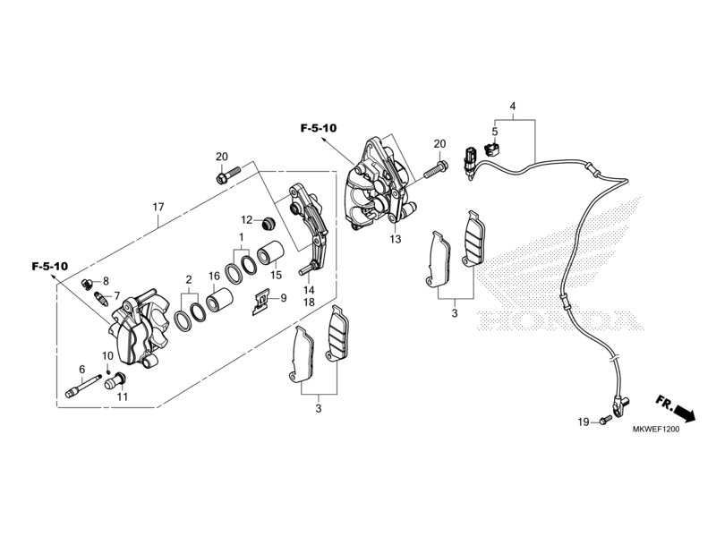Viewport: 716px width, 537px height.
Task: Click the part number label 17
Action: pos(158,208)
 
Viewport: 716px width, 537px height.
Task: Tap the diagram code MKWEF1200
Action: pos(656,430)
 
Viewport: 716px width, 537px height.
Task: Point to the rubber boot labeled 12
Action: pos(266,223)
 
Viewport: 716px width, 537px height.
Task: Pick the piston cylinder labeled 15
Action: pos(271,251)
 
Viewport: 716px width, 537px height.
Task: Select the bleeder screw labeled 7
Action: pos(101,300)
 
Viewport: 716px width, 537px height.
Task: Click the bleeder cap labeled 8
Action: pos(87,284)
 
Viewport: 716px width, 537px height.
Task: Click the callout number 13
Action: pos(396,239)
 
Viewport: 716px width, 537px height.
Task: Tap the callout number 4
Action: pos(513,107)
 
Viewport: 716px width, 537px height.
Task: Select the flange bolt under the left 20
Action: pos(228,175)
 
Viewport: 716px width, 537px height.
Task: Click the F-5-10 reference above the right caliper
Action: pos(319,128)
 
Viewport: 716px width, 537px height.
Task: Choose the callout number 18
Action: pos(309,303)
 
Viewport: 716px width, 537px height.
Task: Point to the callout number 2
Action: pos(189,280)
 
